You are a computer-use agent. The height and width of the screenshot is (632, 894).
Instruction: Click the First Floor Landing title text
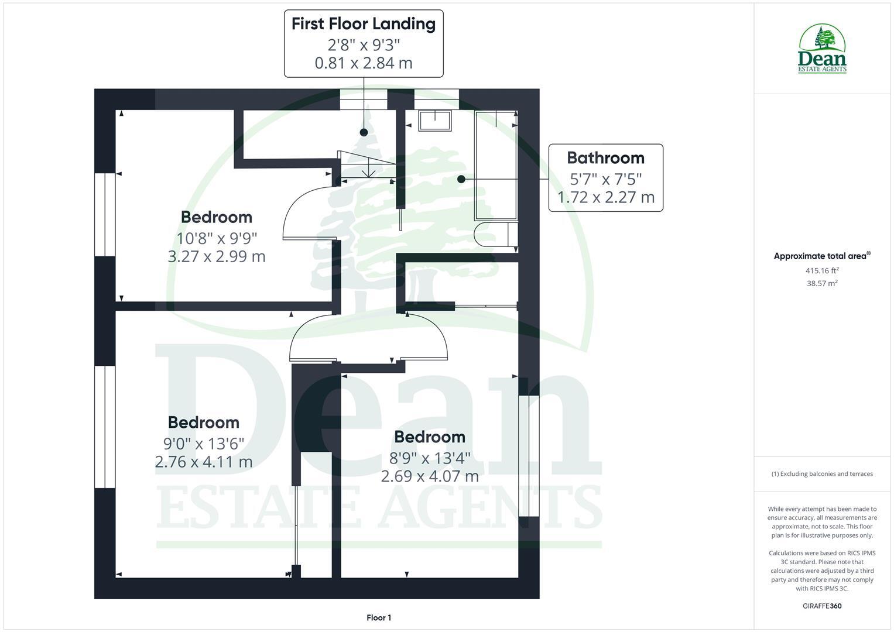[x=364, y=24]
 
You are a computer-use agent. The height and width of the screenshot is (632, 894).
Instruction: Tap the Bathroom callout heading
[x=605, y=158]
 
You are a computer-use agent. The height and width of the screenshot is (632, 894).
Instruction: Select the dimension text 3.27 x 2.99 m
[x=217, y=256]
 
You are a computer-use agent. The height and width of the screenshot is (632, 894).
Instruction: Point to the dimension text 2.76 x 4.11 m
[x=204, y=462]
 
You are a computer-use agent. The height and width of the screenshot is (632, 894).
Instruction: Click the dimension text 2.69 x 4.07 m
[x=430, y=476]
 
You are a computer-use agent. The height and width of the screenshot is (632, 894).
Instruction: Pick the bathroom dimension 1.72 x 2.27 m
[x=605, y=197]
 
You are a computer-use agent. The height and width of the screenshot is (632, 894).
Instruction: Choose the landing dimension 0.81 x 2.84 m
[x=364, y=63]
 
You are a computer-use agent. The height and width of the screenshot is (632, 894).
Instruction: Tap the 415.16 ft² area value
[x=822, y=270]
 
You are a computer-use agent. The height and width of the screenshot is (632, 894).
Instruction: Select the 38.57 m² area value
[x=822, y=283]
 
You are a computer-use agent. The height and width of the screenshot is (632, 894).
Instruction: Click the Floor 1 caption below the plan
[x=379, y=617]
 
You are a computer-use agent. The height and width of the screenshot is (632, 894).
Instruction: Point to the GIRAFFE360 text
[x=822, y=606]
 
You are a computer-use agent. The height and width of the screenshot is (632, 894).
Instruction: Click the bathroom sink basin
[x=435, y=119]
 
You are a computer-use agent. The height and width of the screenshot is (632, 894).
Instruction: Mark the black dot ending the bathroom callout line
[x=461, y=179]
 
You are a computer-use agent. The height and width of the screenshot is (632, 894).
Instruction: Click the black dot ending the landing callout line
[x=364, y=132]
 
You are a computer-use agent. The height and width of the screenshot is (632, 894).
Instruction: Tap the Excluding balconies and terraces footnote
[x=822, y=474]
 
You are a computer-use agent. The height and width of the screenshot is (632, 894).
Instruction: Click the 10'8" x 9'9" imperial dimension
[x=217, y=238]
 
